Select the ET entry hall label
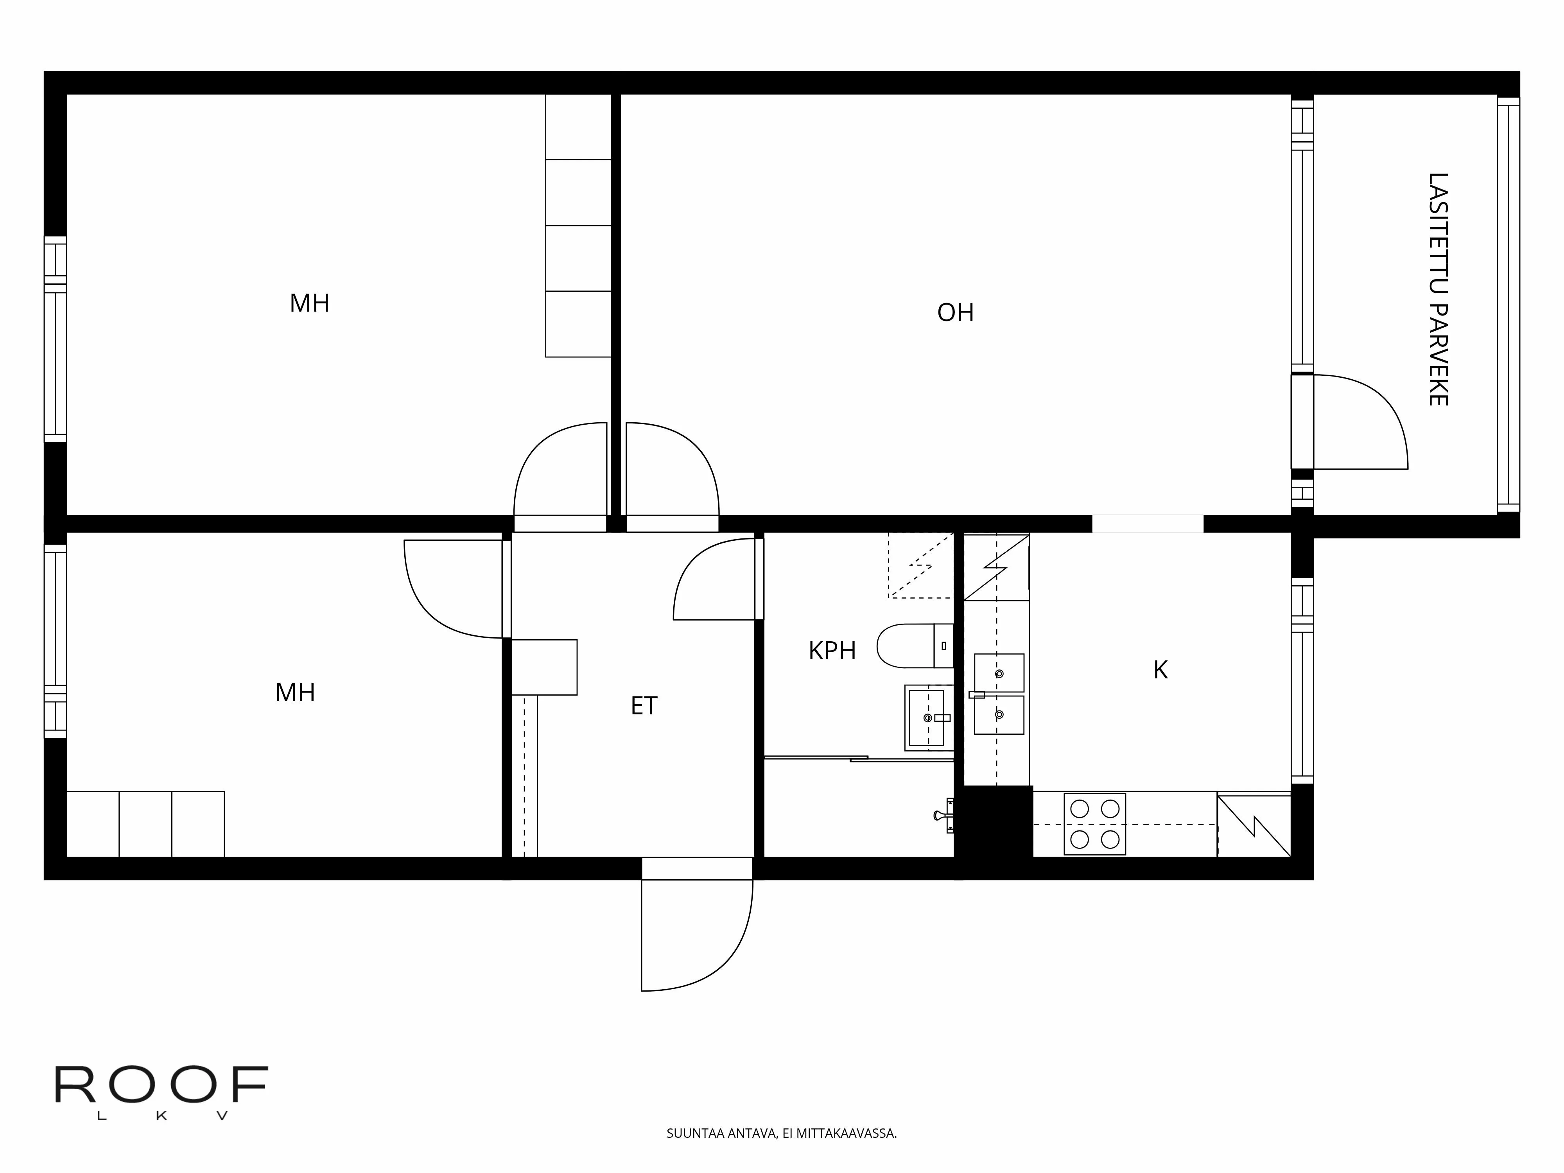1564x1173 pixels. click(x=644, y=706)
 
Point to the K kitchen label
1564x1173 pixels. click(x=1160, y=669)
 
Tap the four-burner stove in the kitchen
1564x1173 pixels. click(x=1094, y=824)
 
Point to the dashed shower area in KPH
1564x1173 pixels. click(x=920, y=565)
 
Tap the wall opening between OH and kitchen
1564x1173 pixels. click(x=1148, y=524)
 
